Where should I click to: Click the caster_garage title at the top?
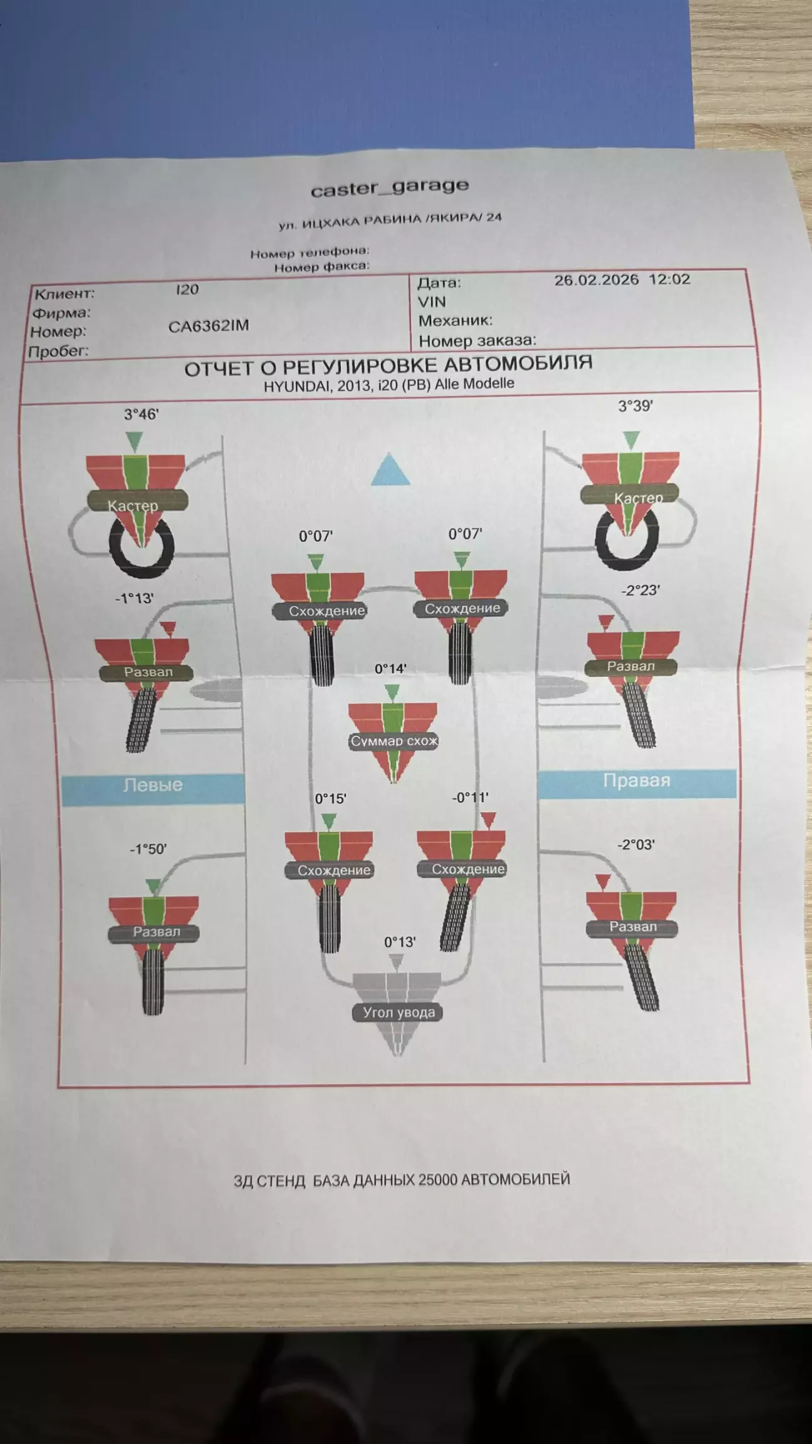click(x=390, y=187)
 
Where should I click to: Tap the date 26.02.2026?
click(x=596, y=280)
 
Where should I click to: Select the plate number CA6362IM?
click(x=209, y=326)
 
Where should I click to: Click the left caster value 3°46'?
click(x=141, y=414)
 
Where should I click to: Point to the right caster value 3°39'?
click(x=635, y=406)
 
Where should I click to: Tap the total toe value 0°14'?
click(x=390, y=669)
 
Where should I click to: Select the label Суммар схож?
click(x=393, y=741)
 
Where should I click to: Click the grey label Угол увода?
click(x=398, y=1012)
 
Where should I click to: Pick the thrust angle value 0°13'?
click(x=400, y=942)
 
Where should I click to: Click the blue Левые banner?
click(x=153, y=785)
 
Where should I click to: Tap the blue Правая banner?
click(x=637, y=781)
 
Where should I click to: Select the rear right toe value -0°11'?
click(x=470, y=797)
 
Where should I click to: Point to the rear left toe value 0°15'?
click(x=330, y=798)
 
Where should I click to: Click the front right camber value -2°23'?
click(x=640, y=590)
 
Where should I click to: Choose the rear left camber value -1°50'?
click(x=148, y=849)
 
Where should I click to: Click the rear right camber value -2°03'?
click(x=636, y=845)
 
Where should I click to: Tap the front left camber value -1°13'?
click(x=134, y=599)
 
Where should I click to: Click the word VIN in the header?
click(x=432, y=302)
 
